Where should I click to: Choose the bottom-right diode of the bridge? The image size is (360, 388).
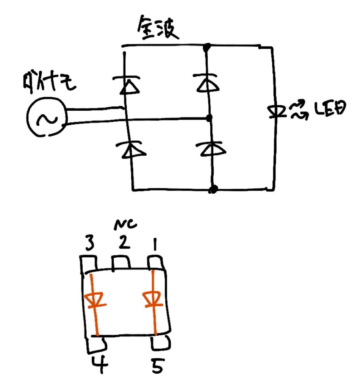211,149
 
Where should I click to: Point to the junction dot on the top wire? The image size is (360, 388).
207,48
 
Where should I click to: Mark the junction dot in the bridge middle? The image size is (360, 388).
208,119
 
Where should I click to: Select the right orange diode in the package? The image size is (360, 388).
153,300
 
